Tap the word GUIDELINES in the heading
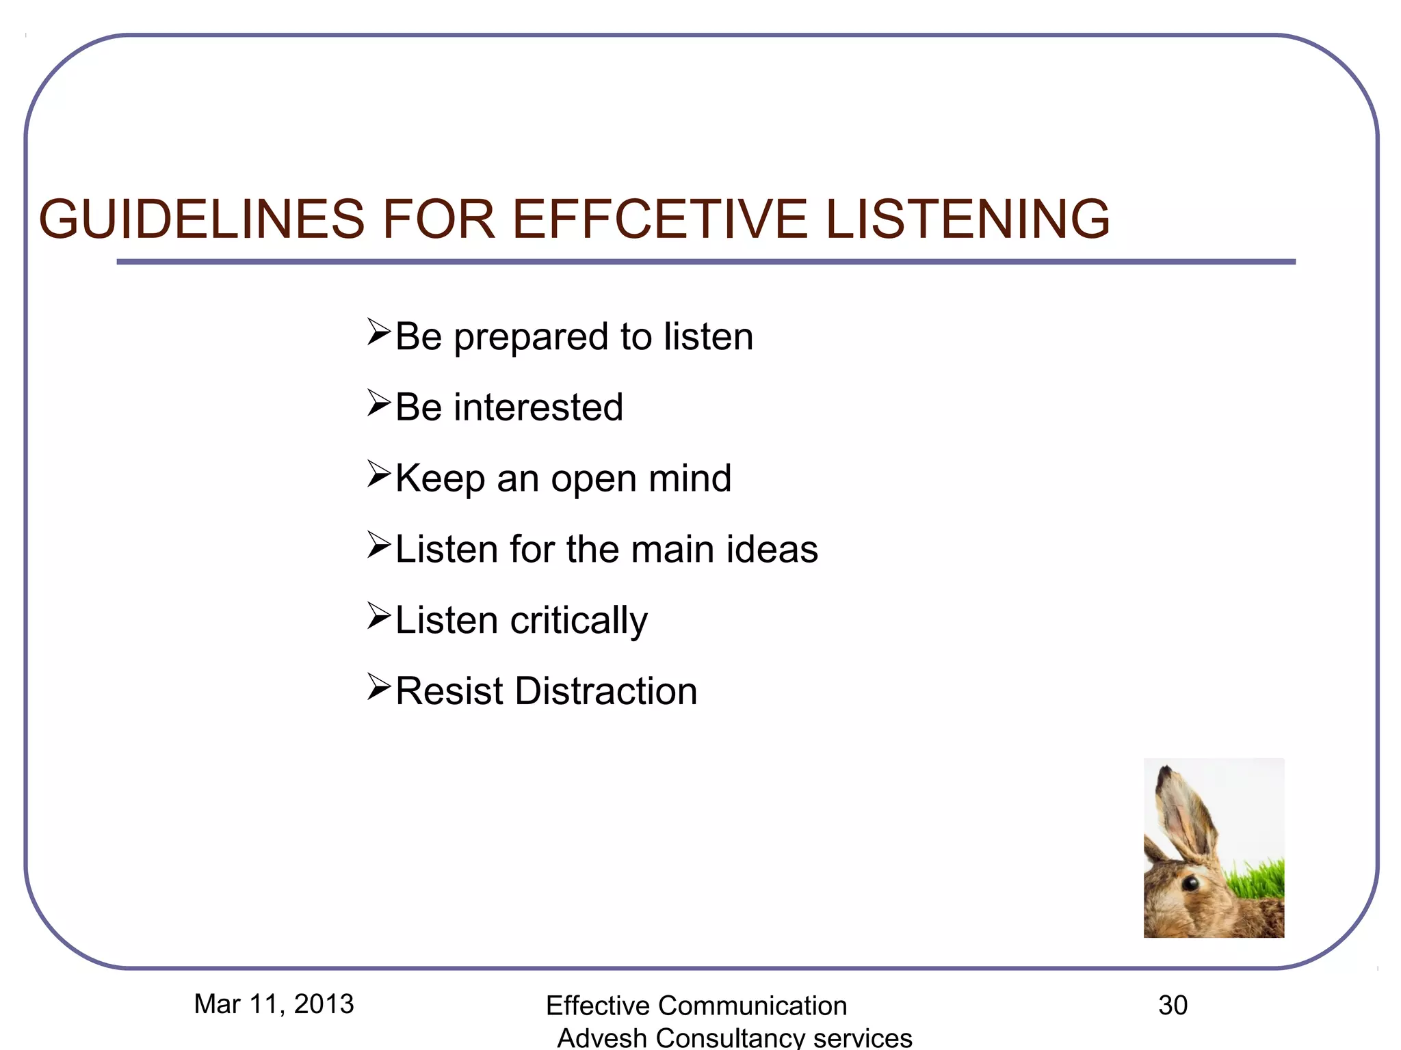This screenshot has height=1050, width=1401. (202, 219)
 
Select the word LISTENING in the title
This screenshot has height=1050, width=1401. (967, 219)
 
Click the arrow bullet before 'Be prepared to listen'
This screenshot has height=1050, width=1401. (378, 332)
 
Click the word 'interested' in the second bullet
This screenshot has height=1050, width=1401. (538, 407)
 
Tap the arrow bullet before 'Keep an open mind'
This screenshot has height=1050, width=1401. (378, 474)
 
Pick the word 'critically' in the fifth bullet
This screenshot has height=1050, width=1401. (579, 621)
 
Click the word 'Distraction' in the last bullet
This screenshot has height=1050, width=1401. (606, 691)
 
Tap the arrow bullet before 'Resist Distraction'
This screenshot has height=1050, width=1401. (378, 687)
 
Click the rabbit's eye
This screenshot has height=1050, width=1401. (1190, 883)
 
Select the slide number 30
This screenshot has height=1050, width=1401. (1173, 1006)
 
